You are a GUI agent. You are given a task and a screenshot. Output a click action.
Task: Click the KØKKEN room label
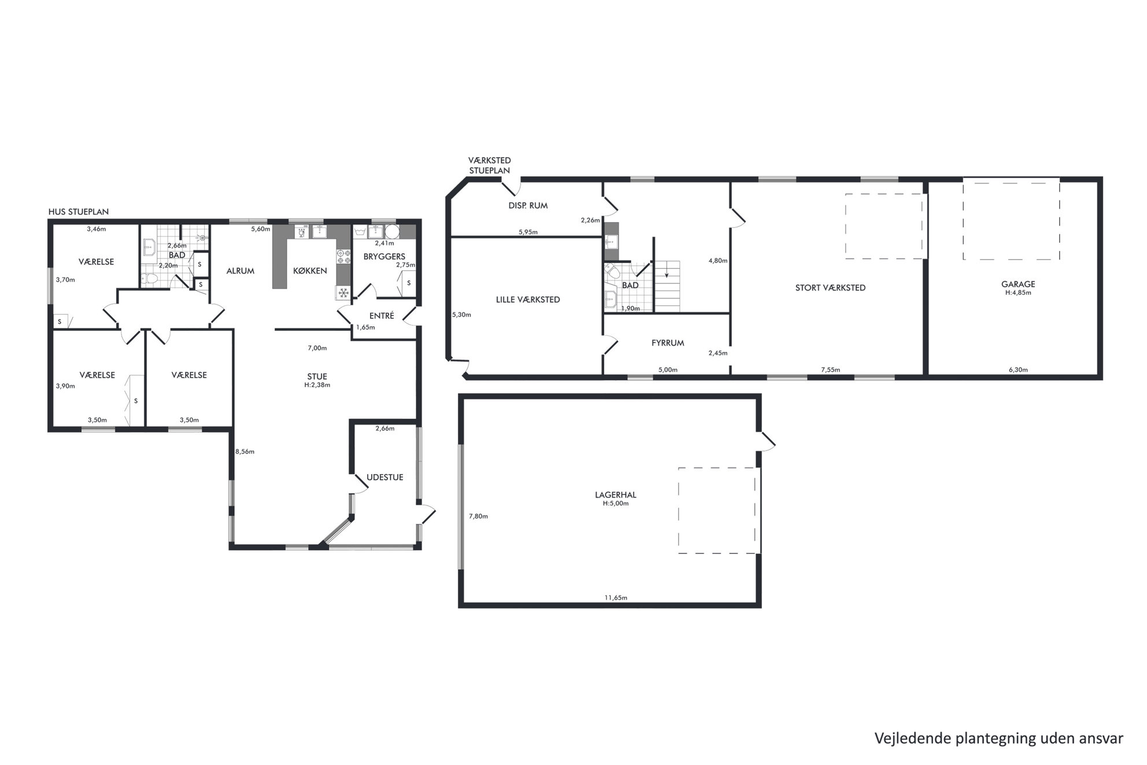coord(310,271)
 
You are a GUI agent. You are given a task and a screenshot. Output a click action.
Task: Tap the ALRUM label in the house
coord(240,271)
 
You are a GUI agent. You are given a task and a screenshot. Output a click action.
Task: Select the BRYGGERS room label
coord(384,256)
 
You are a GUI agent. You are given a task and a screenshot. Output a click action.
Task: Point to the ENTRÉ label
coord(382,316)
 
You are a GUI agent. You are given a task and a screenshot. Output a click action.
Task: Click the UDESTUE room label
coord(385,477)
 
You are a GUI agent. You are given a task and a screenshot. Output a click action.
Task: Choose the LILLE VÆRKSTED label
coord(528,300)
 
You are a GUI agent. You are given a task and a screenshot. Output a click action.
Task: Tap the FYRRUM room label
coord(668,343)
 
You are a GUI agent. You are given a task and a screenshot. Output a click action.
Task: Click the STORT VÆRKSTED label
coord(830,287)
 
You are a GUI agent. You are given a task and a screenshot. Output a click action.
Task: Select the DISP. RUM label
coord(528,205)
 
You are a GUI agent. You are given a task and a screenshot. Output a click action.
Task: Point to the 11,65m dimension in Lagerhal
coord(616,597)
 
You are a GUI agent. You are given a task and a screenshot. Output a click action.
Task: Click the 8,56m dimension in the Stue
coord(245,452)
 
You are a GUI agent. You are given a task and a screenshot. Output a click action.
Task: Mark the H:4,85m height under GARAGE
coord(1018,293)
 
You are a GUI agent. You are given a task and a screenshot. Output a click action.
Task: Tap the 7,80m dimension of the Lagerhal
coord(478,516)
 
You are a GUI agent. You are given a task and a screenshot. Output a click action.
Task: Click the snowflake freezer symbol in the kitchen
coord(343,293)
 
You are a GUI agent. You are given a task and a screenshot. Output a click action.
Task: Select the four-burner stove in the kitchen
coord(343,257)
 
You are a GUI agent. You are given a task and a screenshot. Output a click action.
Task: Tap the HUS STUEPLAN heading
coord(79,212)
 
